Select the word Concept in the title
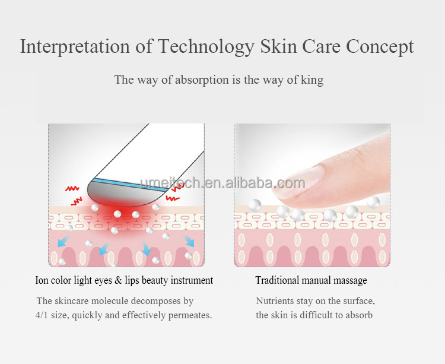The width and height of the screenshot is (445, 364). tap(380, 47)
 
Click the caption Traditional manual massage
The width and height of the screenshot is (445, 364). tap(311, 280)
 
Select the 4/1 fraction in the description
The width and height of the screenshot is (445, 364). tap(43, 315)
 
